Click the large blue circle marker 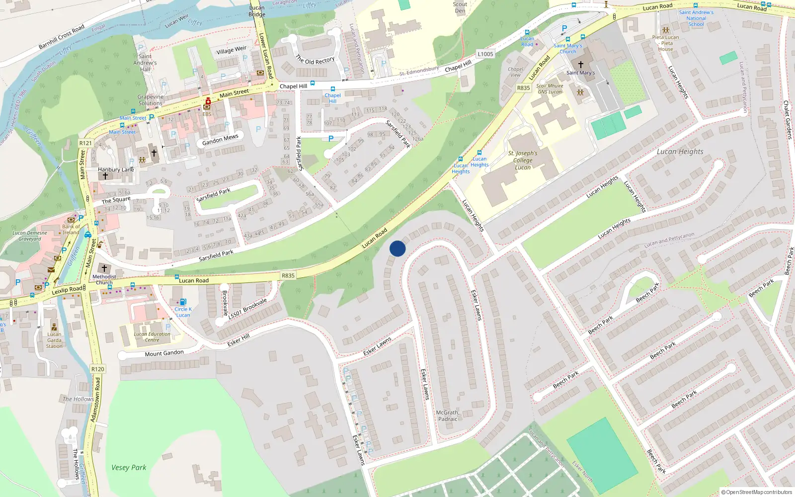397,248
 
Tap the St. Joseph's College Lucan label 523,161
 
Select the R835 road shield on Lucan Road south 288,275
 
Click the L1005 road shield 485,54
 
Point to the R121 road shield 85,143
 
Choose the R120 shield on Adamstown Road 98,369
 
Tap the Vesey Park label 129,467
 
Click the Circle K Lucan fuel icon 183,302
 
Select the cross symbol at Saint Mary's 580,65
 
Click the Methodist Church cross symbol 104,268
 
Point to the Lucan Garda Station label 54,340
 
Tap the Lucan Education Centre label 152,337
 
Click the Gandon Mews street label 220,140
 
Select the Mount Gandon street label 164,353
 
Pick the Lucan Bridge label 257,11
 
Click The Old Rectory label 315,60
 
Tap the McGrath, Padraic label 448,415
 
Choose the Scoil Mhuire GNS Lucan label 550,88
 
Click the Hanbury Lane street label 116,169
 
